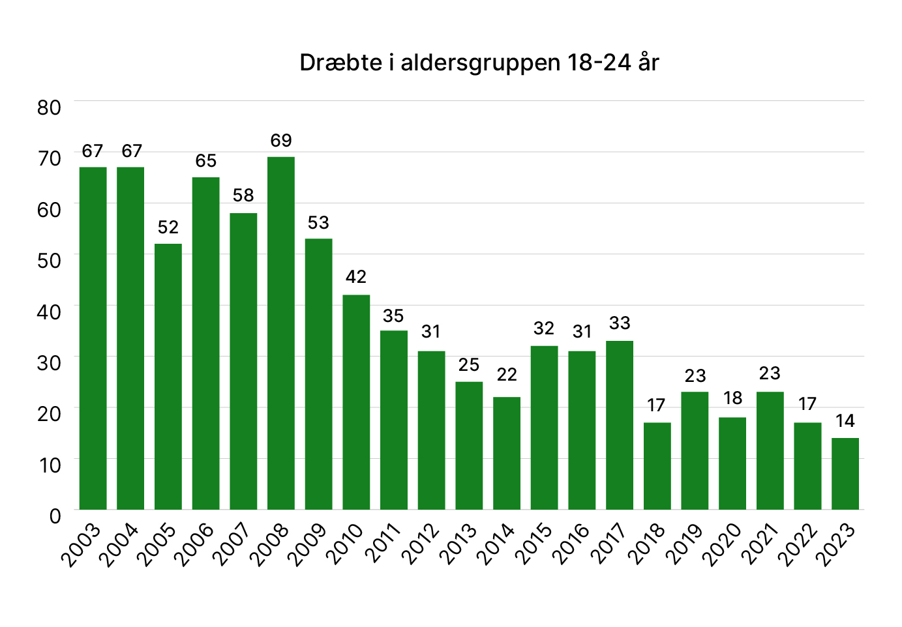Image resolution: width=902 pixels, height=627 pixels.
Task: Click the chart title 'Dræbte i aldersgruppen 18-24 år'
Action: (479, 63)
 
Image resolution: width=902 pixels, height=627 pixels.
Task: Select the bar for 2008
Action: (281, 332)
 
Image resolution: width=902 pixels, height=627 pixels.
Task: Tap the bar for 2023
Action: (845, 473)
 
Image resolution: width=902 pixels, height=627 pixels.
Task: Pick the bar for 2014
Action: (507, 453)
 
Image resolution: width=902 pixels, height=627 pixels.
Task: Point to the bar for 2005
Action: (168, 376)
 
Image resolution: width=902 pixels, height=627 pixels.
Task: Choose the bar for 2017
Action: (620, 425)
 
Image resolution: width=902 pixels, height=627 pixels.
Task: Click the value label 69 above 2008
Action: (281, 141)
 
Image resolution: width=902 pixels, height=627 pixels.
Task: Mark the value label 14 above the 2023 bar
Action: (845, 421)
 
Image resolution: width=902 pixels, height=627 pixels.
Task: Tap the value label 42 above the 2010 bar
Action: (356, 277)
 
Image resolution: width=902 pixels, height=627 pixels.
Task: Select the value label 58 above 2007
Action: (243, 196)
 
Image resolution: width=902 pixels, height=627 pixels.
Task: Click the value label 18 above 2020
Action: (732, 398)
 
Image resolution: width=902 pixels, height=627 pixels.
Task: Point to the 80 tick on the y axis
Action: (49, 108)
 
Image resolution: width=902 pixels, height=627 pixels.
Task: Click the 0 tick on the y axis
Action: (55, 516)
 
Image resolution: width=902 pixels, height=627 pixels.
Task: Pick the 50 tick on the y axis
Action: (49, 261)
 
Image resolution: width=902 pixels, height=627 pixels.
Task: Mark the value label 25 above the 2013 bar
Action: (469, 365)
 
